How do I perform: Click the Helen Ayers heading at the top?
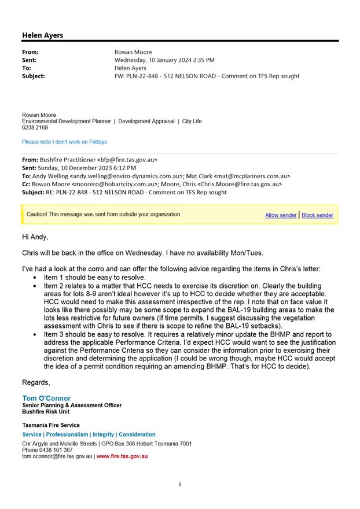(x=43, y=35)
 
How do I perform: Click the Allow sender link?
(x=281, y=215)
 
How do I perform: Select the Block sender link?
(x=317, y=215)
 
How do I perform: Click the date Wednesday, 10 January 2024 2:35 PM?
(x=164, y=60)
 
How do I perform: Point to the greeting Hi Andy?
(x=35, y=237)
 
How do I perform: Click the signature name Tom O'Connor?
(x=46, y=398)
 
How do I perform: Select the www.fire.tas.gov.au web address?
(x=122, y=456)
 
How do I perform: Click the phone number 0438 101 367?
(x=57, y=450)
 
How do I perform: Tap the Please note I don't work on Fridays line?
(x=64, y=142)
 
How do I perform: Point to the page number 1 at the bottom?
(x=180, y=485)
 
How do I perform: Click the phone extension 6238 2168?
(x=35, y=128)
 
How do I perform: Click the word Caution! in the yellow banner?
(x=37, y=215)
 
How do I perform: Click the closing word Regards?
(x=36, y=382)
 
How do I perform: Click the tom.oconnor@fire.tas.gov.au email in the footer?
(x=57, y=456)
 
